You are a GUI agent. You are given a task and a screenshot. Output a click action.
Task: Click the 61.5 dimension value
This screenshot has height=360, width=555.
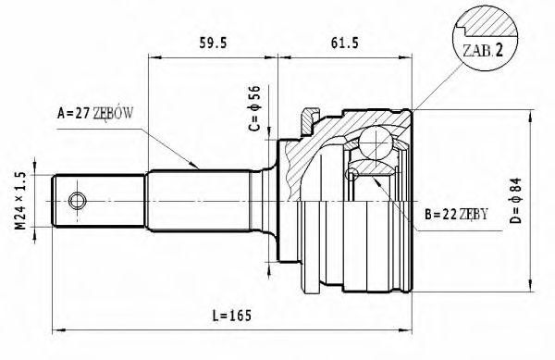click(347, 43)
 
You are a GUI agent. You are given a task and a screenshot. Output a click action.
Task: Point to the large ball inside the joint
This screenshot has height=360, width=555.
click(376, 143)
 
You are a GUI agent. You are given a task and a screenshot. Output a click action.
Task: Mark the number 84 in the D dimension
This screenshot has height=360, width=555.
click(518, 186)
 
